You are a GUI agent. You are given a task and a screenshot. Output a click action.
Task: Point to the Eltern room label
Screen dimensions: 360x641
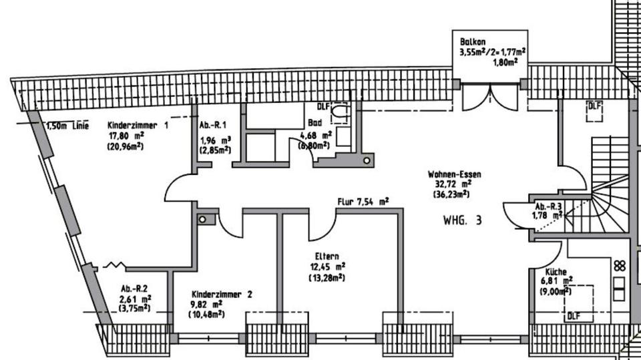[x=327, y=256]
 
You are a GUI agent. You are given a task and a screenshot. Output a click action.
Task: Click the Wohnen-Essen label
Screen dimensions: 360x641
[x=455, y=174]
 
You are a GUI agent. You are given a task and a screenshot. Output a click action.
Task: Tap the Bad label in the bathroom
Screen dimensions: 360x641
[x=315, y=123]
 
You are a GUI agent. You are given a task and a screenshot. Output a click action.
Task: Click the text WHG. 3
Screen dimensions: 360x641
[x=462, y=219]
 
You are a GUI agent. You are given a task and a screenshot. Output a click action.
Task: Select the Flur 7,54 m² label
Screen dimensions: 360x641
[x=363, y=200]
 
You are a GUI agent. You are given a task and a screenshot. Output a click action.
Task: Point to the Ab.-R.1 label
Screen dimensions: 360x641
[x=214, y=125]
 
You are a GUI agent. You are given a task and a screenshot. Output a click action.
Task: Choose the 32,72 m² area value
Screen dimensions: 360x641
[x=451, y=184]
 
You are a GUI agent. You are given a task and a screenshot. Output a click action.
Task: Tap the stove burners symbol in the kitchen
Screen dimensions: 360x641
[x=620, y=266]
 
